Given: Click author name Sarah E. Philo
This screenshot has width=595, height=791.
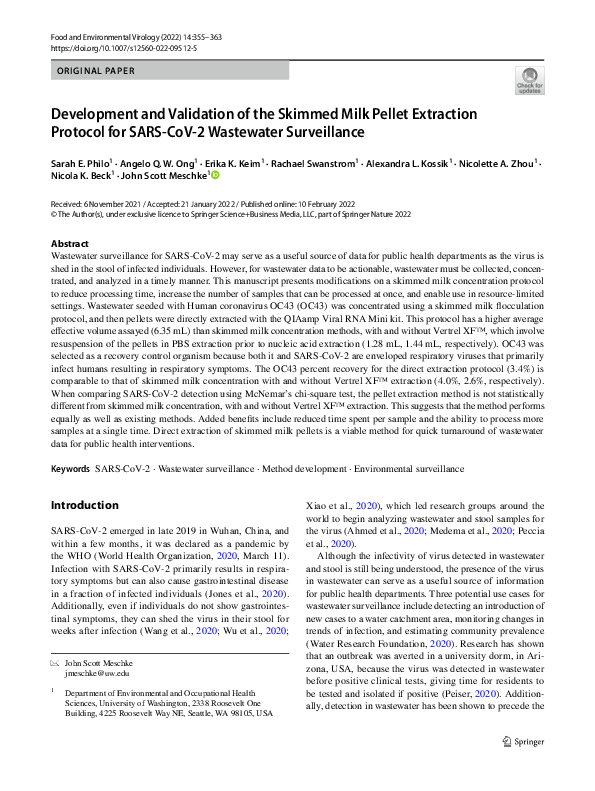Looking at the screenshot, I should click(x=84, y=161).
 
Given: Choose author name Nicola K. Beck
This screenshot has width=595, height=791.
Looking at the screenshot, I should click(x=82, y=176).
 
